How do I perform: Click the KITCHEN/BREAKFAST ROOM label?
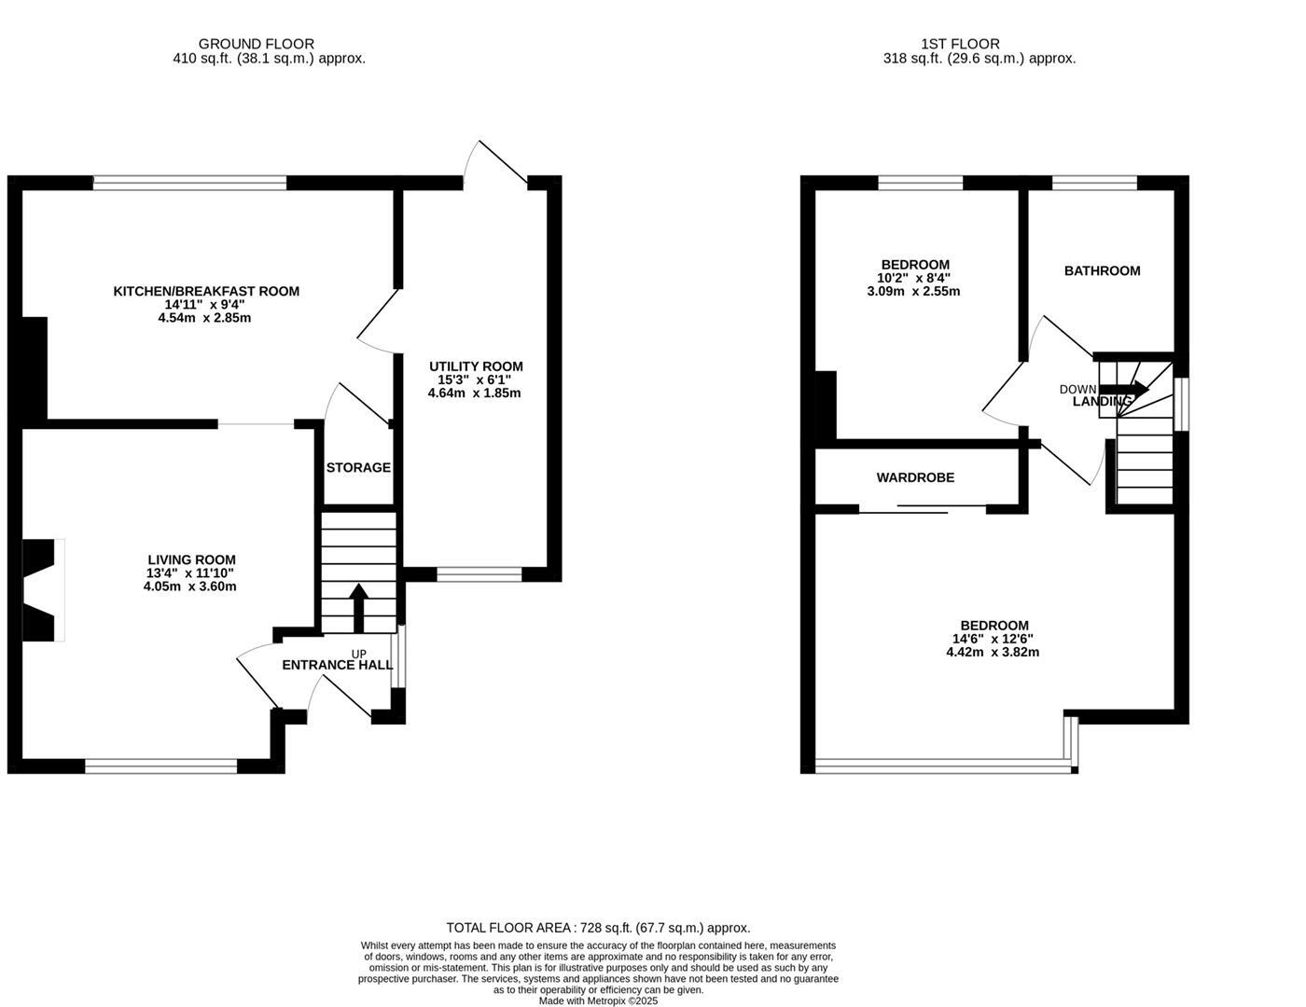(x=206, y=291)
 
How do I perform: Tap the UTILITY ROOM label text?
(x=476, y=366)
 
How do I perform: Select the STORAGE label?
(x=358, y=467)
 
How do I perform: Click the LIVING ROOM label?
(x=191, y=559)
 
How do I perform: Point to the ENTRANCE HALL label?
(x=337, y=665)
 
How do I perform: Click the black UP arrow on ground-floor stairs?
(x=358, y=601)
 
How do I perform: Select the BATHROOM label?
(x=1102, y=270)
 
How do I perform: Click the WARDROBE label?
(x=915, y=477)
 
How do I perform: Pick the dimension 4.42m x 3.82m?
(x=993, y=652)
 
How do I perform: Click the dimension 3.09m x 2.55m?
(x=913, y=291)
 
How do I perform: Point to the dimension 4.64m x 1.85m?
(x=474, y=393)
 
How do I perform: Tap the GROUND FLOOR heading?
(x=257, y=44)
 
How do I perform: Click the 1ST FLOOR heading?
(x=960, y=44)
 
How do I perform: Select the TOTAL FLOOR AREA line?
(x=598, y=928)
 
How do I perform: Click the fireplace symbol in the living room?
(x=42, y=590)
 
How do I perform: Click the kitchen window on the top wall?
(x=189, y=184)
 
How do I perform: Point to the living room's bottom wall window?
(x=161, y=766)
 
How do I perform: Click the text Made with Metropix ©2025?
(x=598, y=1000)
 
